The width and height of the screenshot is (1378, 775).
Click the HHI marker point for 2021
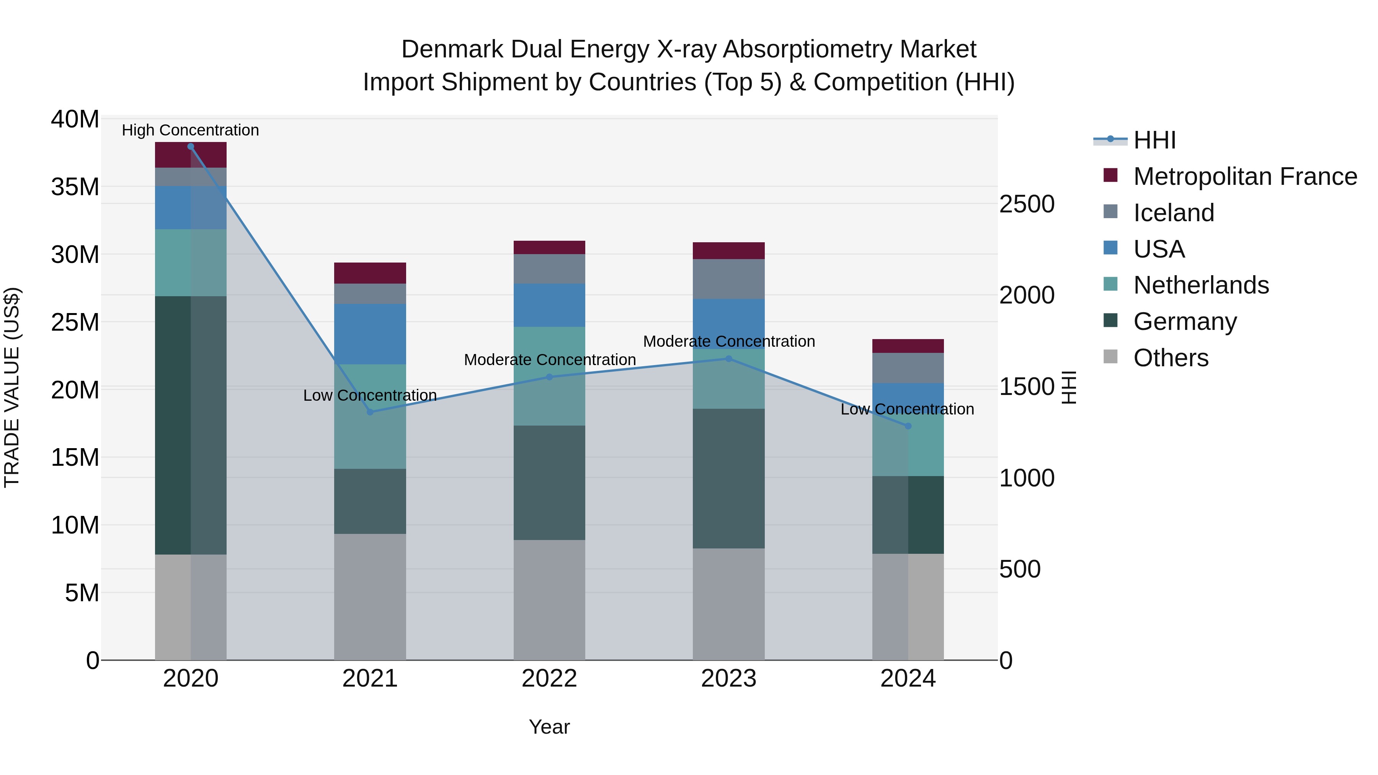(370, 412)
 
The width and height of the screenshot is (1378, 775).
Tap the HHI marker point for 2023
(728, 359)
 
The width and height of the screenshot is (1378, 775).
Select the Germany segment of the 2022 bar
(549, 483)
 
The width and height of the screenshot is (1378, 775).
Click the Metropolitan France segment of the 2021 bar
(370, 273)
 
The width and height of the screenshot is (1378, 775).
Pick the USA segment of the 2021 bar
(370, 334)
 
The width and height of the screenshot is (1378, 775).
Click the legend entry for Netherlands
(1200, 285)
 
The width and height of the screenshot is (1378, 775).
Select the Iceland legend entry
(1173, 213)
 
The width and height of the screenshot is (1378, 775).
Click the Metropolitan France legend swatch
(1110, 175)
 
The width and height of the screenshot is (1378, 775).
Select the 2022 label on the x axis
(549, 679)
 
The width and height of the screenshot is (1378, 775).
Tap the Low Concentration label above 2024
(907, 409)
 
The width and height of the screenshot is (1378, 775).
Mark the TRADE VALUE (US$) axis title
(12, 387)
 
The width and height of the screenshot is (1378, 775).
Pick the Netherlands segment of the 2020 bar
(191, 263)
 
